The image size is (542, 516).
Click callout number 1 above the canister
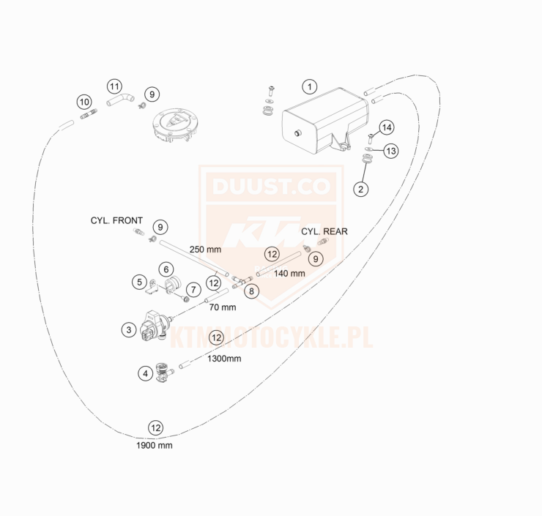310,86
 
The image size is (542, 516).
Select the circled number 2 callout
360,189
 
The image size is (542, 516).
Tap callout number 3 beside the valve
129,330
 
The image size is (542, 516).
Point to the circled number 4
146,373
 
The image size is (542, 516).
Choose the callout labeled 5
139,281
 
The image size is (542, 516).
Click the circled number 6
166,269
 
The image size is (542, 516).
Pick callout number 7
193,289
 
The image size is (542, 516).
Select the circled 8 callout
252,291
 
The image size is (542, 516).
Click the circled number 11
114,86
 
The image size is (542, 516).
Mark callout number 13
391,151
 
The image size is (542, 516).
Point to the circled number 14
387,127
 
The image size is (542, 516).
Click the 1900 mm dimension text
155,445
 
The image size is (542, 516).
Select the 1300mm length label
224,359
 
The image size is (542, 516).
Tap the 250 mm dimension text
205,250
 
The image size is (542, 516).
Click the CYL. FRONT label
117,220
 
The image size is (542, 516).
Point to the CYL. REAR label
324,231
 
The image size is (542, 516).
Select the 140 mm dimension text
289,273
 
